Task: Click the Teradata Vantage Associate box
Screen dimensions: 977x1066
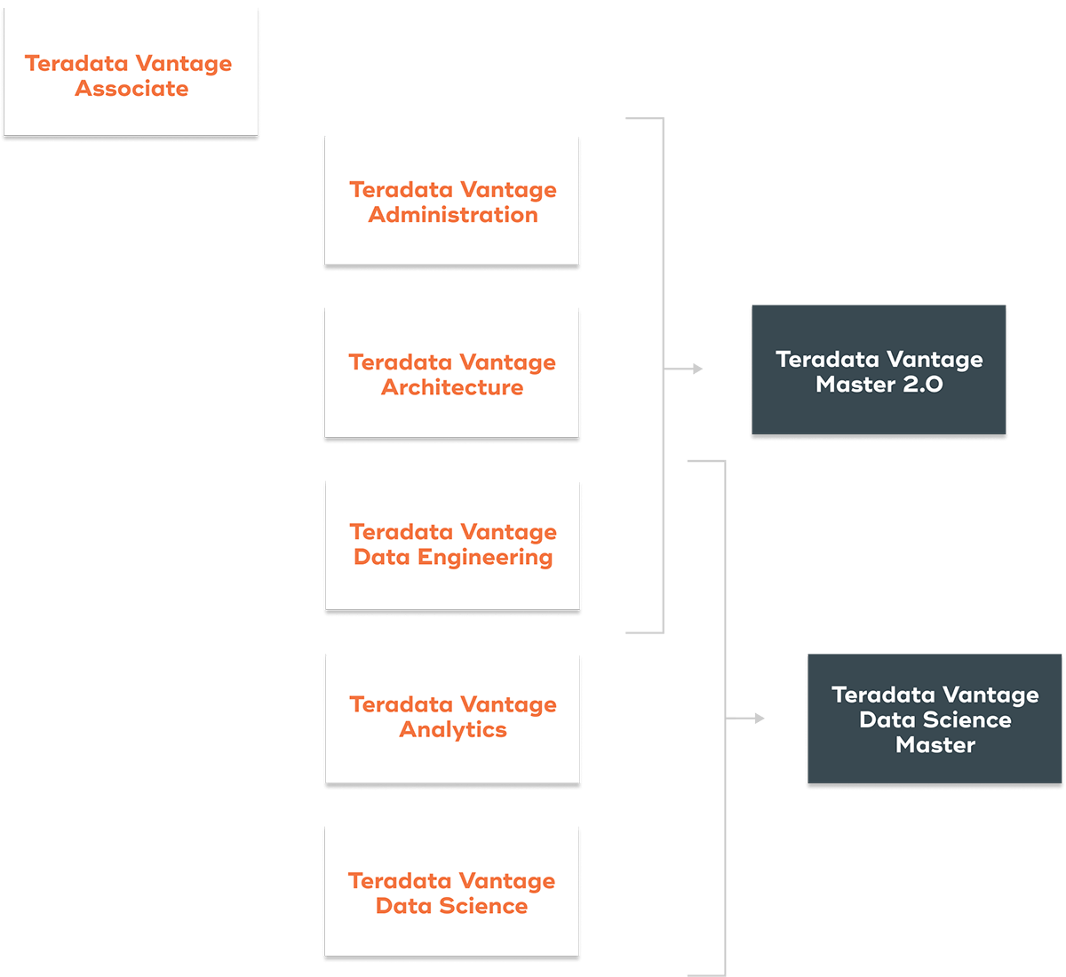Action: coord(131,71)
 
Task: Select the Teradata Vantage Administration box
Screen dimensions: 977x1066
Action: coord(452,200)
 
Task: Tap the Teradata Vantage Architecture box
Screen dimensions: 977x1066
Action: coord(452,372)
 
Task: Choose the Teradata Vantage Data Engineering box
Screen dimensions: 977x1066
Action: coord(453,544)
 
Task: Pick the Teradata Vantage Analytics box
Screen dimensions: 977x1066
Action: coord(453,719)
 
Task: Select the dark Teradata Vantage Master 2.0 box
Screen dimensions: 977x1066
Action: coord(879,370)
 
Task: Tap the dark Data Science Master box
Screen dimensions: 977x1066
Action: coord(935,719)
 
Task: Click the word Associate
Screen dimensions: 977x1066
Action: coord(131,89)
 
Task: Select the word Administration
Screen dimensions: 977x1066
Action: coord(453,215)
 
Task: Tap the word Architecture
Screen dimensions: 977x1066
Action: coord(452,388)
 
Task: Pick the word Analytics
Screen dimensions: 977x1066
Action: coord(453,730)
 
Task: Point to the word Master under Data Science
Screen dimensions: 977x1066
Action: coord(935,745)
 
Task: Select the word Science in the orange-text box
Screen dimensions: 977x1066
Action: coord(483,906)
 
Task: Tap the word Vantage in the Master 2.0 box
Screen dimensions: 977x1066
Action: coord(933,360)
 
